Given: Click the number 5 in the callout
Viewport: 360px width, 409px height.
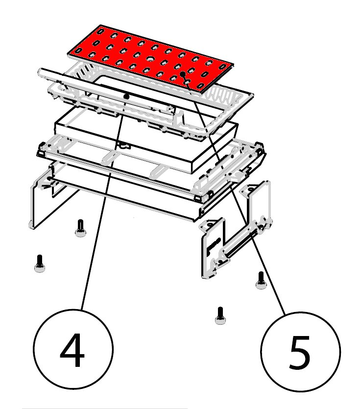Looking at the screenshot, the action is click(300, 352).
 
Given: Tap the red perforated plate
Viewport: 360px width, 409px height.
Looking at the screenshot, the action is click(150, 59).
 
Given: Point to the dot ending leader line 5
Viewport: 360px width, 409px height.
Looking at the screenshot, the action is click(183, 74).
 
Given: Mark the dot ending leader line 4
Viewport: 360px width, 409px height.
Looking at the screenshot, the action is click(127, 97).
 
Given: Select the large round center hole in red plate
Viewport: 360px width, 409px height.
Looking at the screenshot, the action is click(150, 59).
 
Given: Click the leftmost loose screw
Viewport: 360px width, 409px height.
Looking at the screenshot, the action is click(39, 264).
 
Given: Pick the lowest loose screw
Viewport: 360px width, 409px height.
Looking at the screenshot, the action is click(220, 315).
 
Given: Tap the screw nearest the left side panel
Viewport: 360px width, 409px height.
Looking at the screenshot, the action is click(80, 228).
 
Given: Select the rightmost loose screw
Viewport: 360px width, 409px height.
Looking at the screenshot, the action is click(261, 280).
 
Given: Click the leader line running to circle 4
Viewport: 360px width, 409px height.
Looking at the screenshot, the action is click(104, 203).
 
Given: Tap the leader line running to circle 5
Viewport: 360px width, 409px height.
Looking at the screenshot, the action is click(234, 193).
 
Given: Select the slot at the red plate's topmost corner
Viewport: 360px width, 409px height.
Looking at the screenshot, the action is click(100, 31).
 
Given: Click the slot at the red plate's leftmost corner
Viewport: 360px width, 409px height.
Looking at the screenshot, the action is click(78, 49).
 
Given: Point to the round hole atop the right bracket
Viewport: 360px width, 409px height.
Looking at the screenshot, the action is click(250, 189).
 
